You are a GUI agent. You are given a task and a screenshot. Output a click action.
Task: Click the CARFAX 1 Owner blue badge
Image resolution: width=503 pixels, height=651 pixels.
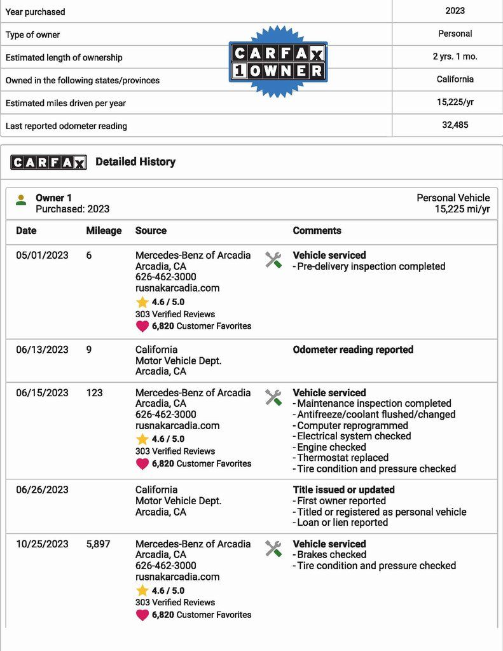coord(278,62)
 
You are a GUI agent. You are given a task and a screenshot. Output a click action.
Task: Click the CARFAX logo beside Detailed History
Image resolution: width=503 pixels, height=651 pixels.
coord(48,162)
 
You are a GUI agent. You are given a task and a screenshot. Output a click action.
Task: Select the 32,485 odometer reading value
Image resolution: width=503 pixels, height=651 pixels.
coord(455,125)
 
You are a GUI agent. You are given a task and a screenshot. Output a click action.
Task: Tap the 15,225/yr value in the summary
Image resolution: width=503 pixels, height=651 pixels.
coord(455,102)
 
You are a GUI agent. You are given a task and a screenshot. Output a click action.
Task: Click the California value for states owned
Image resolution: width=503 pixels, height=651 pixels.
coord(455,79)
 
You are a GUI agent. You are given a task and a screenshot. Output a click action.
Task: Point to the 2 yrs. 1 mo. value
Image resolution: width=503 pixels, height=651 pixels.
coord(455,57)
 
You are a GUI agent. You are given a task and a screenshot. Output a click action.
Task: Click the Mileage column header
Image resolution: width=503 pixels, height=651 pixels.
coord(104,231)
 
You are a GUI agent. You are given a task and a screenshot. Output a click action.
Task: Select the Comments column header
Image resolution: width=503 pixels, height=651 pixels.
coord(317,231)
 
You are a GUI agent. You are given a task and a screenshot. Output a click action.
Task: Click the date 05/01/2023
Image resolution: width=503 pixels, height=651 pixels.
coord(42,256)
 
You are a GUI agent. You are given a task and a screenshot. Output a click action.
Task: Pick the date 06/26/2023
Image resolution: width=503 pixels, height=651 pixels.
coord(42,490)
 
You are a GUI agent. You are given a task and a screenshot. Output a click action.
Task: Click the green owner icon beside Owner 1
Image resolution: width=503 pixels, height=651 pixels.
coord(21,200)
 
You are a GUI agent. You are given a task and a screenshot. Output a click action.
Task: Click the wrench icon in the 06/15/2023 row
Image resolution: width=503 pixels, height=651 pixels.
coord(273,397)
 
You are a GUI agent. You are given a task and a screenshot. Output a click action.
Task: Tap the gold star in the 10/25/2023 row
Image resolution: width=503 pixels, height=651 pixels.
coord(142,591)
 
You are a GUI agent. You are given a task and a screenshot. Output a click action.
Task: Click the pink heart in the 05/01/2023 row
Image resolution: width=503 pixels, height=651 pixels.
coord(142,326)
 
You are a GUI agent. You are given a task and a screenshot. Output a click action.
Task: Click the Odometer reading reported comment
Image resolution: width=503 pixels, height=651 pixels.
coord(353,350)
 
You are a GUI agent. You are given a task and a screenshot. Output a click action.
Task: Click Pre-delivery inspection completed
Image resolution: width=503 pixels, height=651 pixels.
coord(371,266)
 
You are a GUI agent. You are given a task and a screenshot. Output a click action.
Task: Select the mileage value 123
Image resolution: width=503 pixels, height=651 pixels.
coord(94,393)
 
